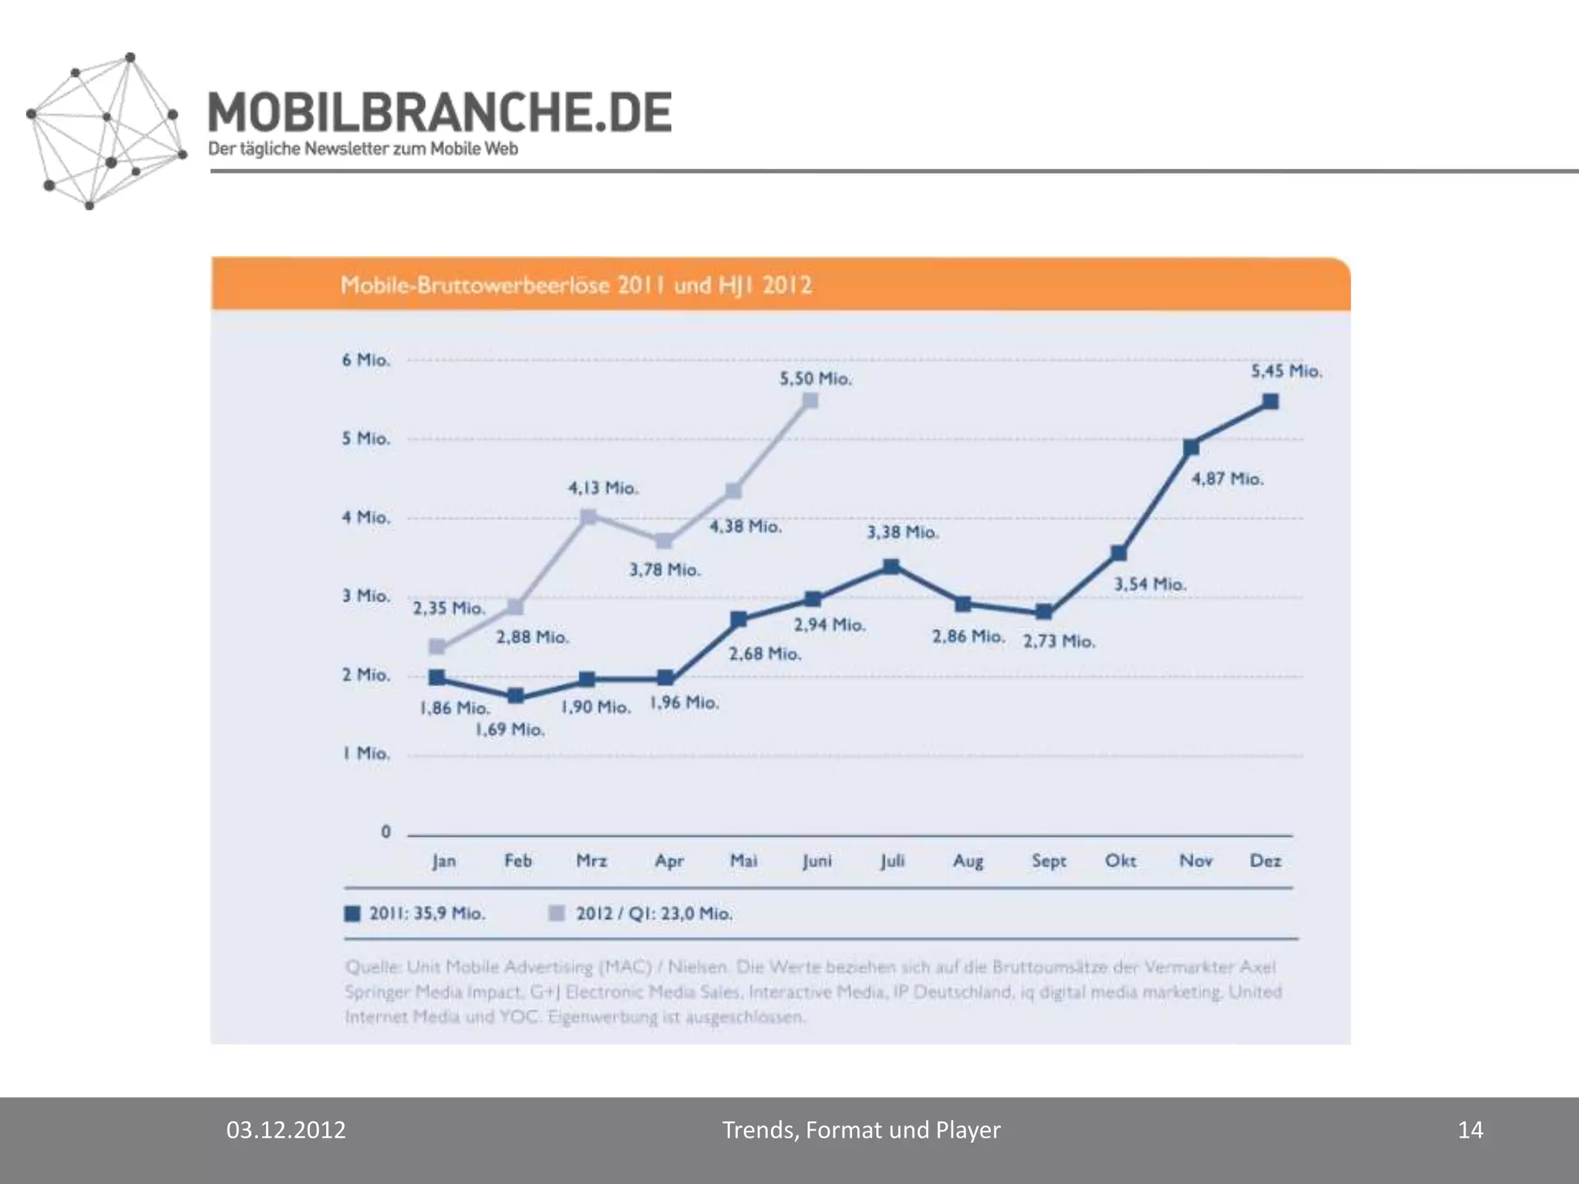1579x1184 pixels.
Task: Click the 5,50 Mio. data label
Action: tap(815, 379)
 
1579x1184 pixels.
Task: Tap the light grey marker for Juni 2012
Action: tap(810, 401)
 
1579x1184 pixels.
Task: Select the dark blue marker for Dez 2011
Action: tap(1271, 402)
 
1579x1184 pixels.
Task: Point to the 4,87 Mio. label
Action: tap(1227, 479)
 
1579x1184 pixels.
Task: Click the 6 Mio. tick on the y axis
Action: tap(366, 360)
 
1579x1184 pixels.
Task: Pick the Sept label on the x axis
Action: tap(1049, 861)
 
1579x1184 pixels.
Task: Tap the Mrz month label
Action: tap(591, 861)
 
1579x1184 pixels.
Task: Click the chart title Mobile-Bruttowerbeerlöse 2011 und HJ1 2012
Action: tap(576, 285)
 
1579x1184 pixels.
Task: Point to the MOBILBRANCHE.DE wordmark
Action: tap(439, 113)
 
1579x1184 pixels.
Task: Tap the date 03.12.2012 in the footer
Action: tap(286, 1130)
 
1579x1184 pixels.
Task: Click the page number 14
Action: tap(1470, 1130)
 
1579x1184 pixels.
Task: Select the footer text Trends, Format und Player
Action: tap(860, 1130)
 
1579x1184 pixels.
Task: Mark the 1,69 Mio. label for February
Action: tap(510, 729)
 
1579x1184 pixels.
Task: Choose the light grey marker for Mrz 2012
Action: tap(588, 516)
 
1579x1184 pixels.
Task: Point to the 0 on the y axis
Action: tap(385, 832)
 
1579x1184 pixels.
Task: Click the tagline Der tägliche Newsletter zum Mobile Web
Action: tap(363, 150)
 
